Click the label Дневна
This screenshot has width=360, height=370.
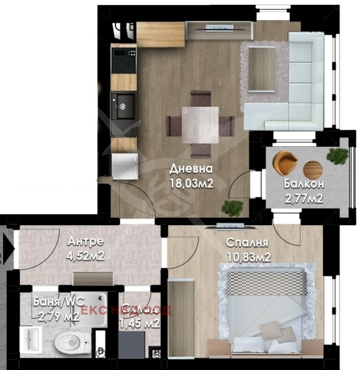coord(191,168)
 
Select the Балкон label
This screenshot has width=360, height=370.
coord(304,184)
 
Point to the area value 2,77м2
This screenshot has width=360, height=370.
coord(304,198)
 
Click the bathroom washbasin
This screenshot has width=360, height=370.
coord(30,339)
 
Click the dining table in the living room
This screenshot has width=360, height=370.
coord(200,123)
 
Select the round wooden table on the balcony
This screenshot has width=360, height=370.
coord(313,168)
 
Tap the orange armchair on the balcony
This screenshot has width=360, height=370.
coord(285,162)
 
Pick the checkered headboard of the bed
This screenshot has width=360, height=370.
coord(266,283)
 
